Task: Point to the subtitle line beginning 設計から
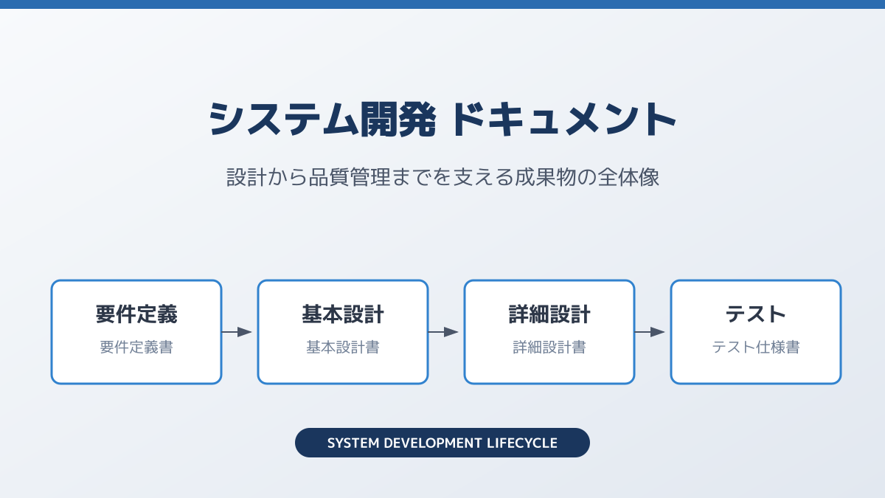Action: [x=442, y=178]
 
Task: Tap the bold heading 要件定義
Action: [x=136, y=315]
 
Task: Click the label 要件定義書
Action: [x=136, y=347]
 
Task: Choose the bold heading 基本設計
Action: [x=343, y=315]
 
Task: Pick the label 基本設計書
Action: [x=343, y=347]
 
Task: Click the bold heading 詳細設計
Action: [x=549, y=315]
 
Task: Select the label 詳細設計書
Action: [x=549, y=347]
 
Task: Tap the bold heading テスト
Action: [x=756, y=315]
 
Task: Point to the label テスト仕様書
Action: [x=756, y=347]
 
